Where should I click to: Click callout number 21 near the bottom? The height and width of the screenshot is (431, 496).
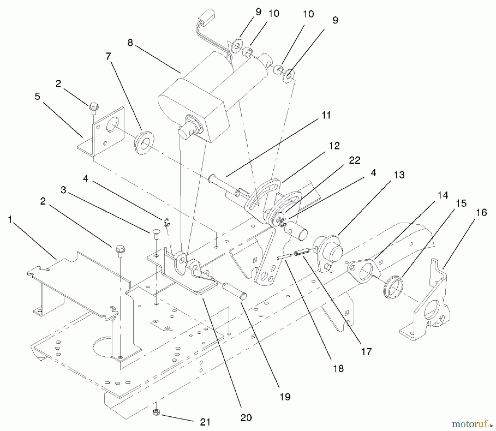click(205, 422)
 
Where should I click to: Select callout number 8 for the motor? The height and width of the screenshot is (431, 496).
click(130, 43)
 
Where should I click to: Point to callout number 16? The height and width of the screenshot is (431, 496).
click(481, 212)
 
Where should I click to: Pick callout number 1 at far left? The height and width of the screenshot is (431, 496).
click(10, 220)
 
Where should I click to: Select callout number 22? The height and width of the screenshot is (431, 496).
click(354, 160)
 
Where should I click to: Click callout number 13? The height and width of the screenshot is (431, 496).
click(399, 175)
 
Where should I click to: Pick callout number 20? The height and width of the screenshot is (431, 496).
click(246, 418)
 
